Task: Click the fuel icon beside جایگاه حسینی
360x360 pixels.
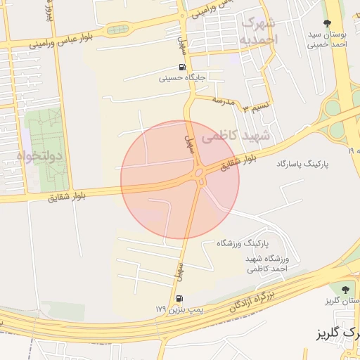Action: coord(183,68)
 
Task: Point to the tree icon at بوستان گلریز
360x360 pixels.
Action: coord(345,289)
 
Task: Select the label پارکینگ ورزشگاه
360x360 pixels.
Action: coord(243,243)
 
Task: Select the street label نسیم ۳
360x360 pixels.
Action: coord(256,108)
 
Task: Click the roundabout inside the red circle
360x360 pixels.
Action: coord(199,173)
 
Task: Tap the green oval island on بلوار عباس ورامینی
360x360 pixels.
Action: coord(118,30)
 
